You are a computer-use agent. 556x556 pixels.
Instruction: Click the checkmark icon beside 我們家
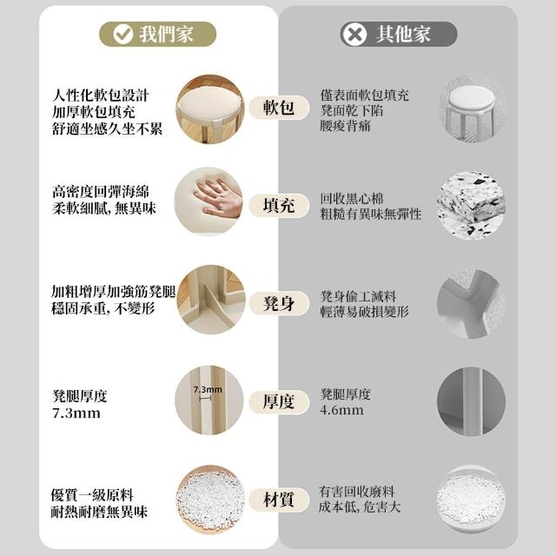tap(122, 34)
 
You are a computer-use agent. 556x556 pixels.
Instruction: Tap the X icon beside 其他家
tap(354, 34)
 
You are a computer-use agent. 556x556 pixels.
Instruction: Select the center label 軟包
tap(279, 107)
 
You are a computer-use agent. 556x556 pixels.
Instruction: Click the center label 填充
tap(279, 205)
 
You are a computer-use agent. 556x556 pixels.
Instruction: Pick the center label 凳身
tap(279, 303)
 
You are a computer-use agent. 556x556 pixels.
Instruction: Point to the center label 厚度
tap(279, 401)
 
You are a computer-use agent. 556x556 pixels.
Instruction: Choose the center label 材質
tap(279, 500)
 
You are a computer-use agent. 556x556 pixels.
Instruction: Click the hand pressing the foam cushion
tap(218, 199)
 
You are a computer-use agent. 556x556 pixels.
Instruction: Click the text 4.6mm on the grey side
tap(341, 410)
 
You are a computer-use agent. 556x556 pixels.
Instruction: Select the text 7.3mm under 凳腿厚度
tap(76, 414)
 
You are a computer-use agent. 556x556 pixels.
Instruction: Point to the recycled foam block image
tap(471, 206)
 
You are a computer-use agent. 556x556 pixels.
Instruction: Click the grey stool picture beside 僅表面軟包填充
tap(471, 109)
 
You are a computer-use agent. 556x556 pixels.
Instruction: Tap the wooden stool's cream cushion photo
tap(210, 109)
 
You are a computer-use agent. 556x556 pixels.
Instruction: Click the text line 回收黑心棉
tap(352, 199)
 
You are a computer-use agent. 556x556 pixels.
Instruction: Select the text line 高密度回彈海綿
tap(101, 192)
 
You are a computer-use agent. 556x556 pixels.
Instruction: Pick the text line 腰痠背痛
tap(346, 126)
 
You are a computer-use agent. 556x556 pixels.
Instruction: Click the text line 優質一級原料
tap(92, 495)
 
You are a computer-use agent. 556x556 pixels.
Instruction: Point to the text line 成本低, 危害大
tap(360, 506)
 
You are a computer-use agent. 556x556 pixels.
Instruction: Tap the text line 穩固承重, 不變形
tap(103, 308)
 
